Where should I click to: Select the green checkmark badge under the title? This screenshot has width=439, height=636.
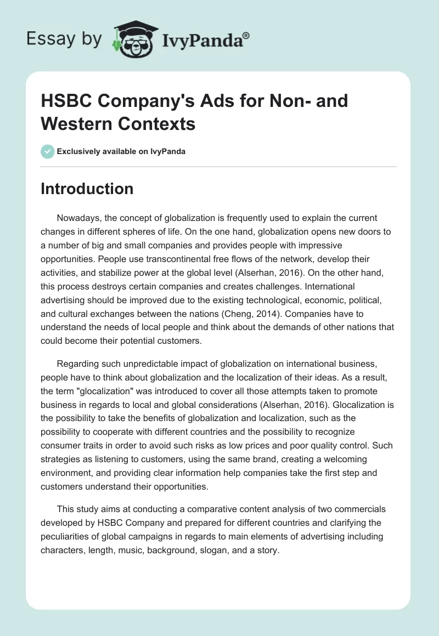[47, 151]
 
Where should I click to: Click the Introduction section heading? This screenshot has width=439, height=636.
[87, 189]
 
